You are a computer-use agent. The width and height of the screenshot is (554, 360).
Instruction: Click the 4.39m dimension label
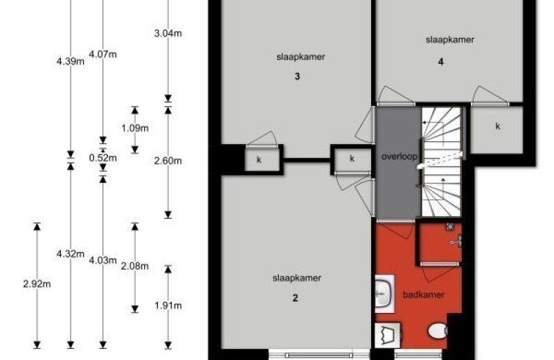click(71, 62)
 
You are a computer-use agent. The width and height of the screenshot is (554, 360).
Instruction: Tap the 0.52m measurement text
click(102, 158)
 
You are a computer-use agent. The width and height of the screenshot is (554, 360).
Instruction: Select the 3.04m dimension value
click(168, 33)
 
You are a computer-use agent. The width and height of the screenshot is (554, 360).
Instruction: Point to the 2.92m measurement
click(37, 284)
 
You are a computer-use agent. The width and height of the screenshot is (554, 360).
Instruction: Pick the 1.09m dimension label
click(135, 128)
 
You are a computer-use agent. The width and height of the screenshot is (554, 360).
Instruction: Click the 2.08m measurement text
click(135, 266)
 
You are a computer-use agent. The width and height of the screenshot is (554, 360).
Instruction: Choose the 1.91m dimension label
click(168, 305)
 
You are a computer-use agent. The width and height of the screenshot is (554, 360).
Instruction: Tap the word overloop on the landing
click(400, 156)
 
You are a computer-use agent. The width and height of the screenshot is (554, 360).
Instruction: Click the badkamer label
click(424, 295)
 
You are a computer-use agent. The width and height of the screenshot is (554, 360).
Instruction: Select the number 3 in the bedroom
click(298, 76)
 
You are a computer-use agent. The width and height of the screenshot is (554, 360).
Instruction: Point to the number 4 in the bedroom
click(440, 62)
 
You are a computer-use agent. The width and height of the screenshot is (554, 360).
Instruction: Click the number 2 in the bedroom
click(296, 298)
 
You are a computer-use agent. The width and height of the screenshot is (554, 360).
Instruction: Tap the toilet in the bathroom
click(438, 331)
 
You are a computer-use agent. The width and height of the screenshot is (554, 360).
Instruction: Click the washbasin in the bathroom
click(384, 294)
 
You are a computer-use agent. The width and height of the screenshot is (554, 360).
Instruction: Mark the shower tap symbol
click(456, 242)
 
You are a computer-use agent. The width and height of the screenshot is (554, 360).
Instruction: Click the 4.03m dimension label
click(102, 261)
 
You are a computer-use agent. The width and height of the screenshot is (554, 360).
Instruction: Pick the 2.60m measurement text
click(168, 161)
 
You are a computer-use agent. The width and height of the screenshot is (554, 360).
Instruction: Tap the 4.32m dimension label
click(71, 253)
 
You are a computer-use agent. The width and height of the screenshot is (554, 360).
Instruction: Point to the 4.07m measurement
click(102, 55)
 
